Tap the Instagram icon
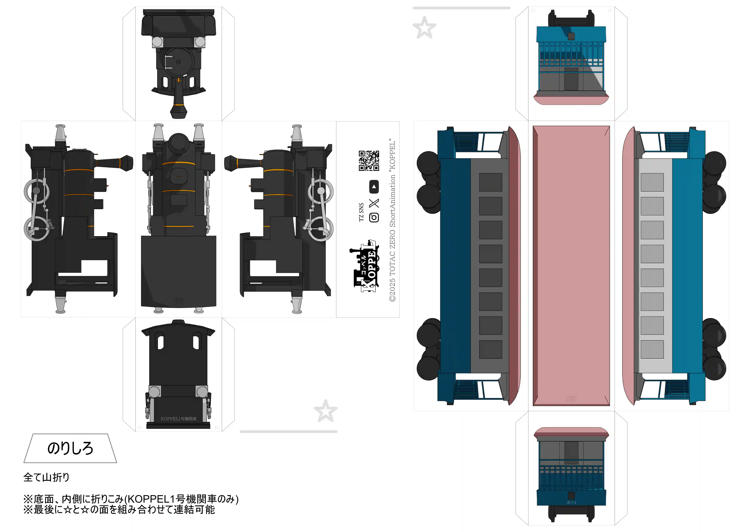coord(374,217)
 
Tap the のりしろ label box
coord(70,448)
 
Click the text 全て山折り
coord(46,477)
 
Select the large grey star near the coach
coord(424,27)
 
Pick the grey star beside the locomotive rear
coord(325,411)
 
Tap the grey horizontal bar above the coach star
coord(462,8)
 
